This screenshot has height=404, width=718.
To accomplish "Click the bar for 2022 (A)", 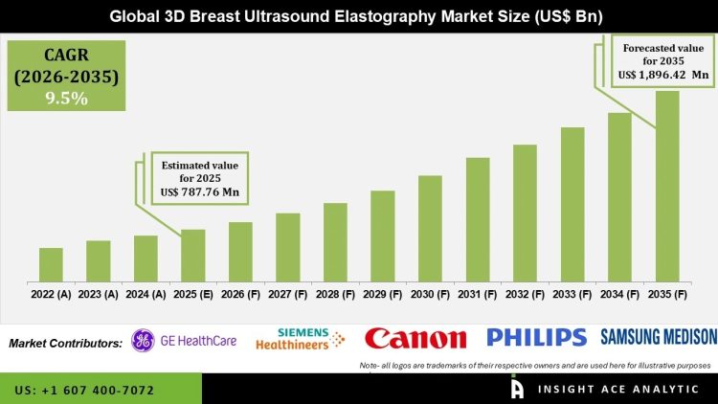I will point(51,265).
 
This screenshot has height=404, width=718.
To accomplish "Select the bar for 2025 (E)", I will point(193,256).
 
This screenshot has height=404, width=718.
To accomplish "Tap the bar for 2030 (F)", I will point(430,229).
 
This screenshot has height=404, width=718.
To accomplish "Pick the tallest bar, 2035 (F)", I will point(667,187).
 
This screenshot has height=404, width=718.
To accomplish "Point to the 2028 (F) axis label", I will point(335,295).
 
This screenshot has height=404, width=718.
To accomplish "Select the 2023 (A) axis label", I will point(98,295).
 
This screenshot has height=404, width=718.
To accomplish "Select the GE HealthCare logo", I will point(184,340).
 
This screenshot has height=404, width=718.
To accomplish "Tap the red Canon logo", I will point(415,338).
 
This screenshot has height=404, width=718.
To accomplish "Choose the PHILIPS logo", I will point(536,337).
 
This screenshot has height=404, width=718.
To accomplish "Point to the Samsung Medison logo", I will point(659,336).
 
